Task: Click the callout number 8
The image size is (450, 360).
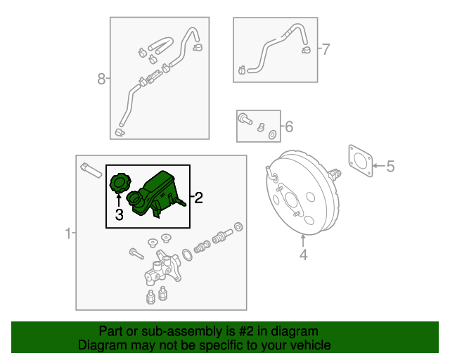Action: point(101,79)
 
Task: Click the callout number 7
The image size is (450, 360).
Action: point(326,49)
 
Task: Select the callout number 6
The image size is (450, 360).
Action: point(289,127)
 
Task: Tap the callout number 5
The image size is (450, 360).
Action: point(391,166)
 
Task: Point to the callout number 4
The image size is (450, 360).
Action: point(304,255)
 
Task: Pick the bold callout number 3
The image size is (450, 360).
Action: point(119,214)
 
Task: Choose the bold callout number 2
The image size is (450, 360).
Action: point(198,198)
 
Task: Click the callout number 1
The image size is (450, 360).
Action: point(68,233)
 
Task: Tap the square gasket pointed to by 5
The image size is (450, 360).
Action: point(361,161)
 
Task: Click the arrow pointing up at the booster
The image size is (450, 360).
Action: point(303,241)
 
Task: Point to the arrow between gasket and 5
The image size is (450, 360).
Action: point(379,166)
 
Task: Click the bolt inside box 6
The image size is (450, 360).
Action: point(245,118)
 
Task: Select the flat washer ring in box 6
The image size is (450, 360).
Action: point(272,134)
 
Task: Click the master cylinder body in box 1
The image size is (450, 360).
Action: point(162,268)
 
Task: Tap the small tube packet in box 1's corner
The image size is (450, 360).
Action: point(91,171)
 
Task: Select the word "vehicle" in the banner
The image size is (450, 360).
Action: point(311,345)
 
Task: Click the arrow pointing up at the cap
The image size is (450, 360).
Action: point(119,200)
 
